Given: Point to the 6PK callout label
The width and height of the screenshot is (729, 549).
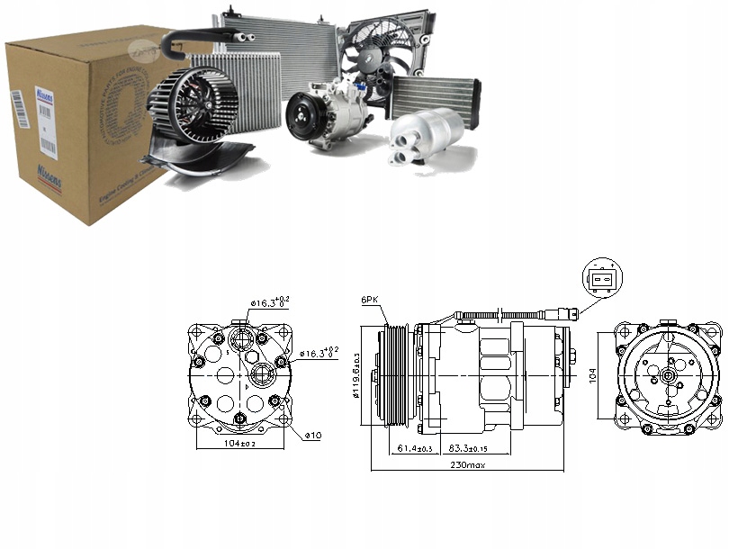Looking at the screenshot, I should coord(370,300).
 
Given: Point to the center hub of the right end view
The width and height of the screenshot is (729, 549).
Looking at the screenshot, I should coord(670,371).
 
